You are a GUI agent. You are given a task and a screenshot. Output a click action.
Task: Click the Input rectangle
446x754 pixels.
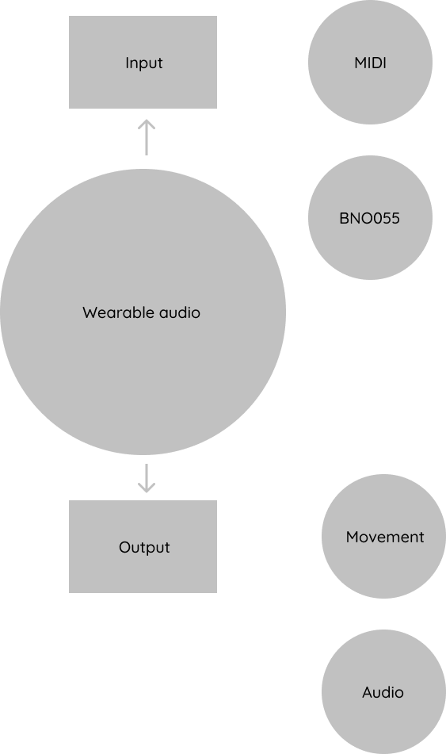(x=143, y=62)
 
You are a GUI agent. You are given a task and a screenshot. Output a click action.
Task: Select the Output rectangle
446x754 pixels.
(x=143, y=547)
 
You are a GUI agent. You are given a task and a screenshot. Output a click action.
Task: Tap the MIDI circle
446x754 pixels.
(x=370, y=62)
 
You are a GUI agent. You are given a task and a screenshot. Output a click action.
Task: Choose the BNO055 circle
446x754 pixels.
(x=370, y=217)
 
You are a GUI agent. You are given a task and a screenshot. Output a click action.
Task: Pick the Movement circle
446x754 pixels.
(x=383, y=536)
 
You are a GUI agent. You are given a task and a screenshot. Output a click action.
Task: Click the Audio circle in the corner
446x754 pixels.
(x=383, y=691)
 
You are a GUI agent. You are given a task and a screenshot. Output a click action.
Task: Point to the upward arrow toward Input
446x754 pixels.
(x=147, y=137)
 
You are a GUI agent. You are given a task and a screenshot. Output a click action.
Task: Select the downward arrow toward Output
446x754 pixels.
(x=147, y=478)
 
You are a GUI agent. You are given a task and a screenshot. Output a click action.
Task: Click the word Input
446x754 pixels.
(x=143, y=63)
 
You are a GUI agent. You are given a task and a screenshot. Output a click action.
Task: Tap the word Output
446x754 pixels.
(x=144, y=547)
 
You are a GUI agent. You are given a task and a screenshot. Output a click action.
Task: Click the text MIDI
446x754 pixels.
(x=370, y=63)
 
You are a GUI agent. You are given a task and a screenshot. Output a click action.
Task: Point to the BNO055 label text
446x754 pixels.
(x=370, y=218)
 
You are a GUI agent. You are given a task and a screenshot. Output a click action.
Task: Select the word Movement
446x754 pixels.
(x=385, y=537)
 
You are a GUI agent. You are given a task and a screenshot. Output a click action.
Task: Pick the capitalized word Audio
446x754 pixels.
(x=383, y=692)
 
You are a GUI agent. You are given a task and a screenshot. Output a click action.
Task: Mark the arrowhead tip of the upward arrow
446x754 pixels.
(x=147, y=120)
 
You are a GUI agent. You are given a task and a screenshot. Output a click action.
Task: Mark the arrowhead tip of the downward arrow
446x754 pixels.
(x=147, y=493)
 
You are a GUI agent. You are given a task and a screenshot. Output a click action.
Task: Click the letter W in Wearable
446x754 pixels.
(x=90, y=312)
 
